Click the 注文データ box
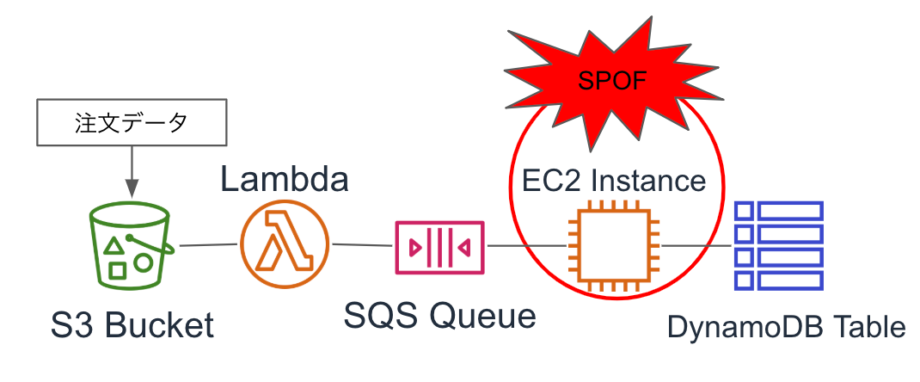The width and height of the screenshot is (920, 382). coord(132,123)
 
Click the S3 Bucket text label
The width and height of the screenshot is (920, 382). coord(132,326)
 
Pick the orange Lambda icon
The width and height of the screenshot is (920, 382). coord(285,244)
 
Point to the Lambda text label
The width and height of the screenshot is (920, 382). coord(285,180)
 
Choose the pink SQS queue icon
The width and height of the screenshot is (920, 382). coord(439,247)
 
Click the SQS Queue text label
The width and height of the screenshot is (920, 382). coord(439,317)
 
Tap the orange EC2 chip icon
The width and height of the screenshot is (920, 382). coord(614,246)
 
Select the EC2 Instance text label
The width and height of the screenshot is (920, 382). coord(614,181)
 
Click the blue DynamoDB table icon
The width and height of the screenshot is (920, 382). coord(779,245)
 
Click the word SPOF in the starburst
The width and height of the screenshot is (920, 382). coord(612,82)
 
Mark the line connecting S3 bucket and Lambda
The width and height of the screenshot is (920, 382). coord(207,245)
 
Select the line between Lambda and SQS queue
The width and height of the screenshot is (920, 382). coord(362,245)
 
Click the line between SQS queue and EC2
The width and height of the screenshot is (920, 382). coord(526,246)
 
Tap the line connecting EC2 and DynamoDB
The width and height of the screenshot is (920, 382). coord(697,246)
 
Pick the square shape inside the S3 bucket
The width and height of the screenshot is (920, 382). coord(118,271)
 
